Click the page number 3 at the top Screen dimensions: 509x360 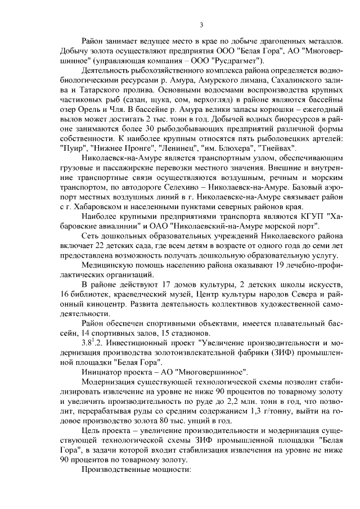point(201,25)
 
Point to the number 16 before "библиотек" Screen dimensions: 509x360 point(63,296)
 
